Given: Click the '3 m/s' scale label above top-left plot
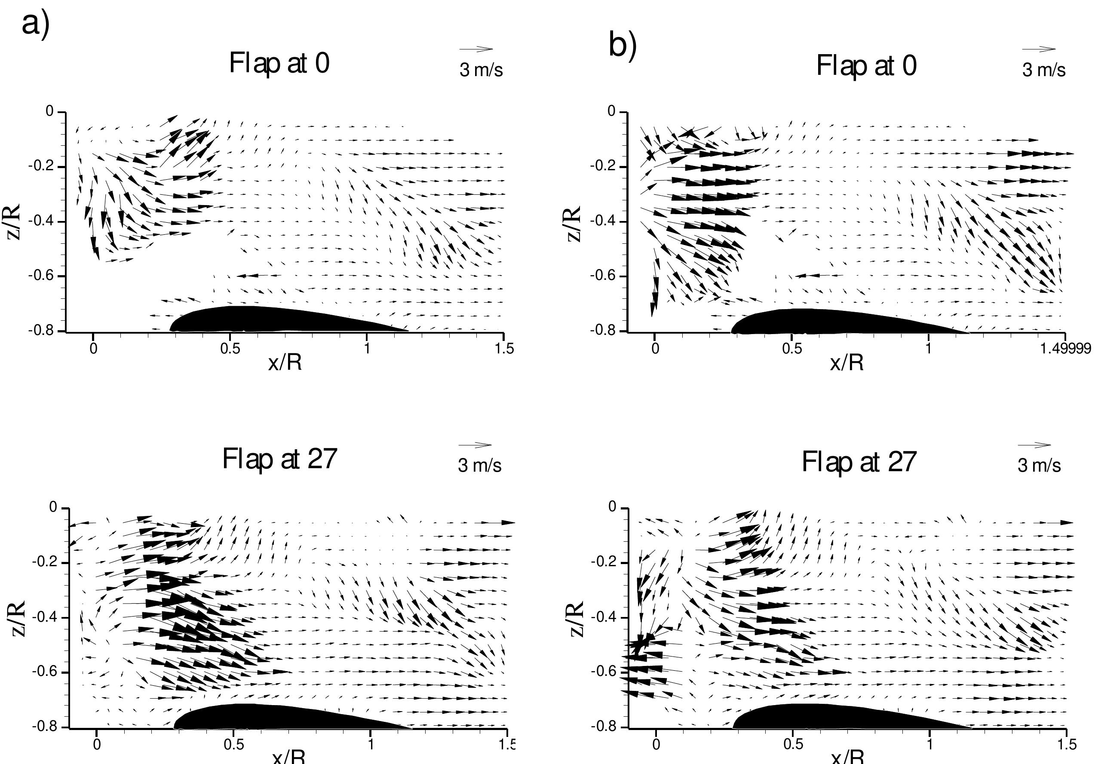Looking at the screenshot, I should pyautogui.click(x=481, y=70).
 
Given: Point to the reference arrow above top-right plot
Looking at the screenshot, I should pyautogui.click(x=1039, y=49).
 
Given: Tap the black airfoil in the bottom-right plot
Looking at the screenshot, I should pyautogui.click(x=839, y=717).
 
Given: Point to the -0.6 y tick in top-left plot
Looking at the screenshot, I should pyautogui.click(x=46, y=276).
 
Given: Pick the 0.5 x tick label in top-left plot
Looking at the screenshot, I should pyautogui.click(x=230, y=349).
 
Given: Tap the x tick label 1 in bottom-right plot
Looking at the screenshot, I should pyautogui.click(x=929, y=745).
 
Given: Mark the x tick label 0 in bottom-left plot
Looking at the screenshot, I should pyautogui.click(x=97, y=745).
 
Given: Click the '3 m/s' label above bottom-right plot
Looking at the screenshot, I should pyautogui.click(x=1039, y=466).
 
